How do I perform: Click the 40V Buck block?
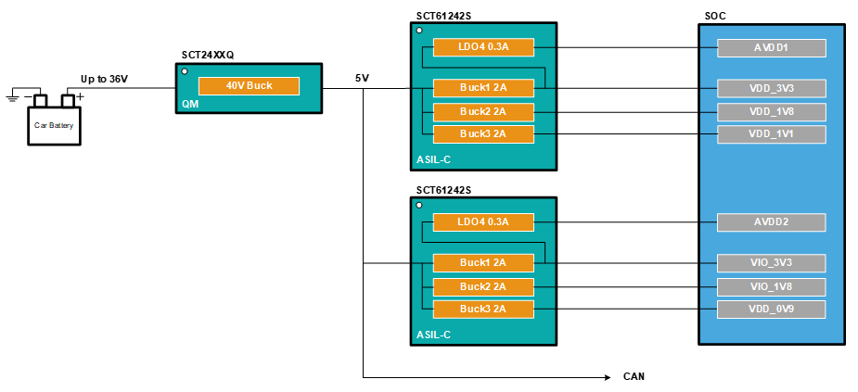coord(249,86)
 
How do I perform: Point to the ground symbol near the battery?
coord(13,95)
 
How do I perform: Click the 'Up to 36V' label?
coord(104,80)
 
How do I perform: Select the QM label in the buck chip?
coord(191,105)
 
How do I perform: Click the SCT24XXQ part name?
coord(208,56)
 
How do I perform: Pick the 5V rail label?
coord(362,79)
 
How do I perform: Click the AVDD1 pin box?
coord(771,46)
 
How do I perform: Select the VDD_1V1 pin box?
coord(771,134)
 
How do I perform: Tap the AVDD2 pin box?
coord(771,222)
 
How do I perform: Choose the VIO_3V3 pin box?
coord(771,263)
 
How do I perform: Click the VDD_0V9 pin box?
coord(771,309)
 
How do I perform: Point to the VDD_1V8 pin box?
coord(771,112)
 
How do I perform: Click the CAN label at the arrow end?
coord(634,377)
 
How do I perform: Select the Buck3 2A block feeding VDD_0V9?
coord(483,309)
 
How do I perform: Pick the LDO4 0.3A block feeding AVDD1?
coord(483,46)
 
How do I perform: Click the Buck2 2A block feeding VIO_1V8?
coord(483,286)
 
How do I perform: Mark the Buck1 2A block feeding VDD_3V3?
coord(483,89)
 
